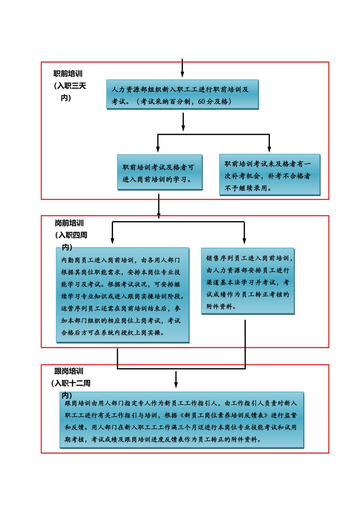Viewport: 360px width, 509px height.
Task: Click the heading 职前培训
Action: [68, 74]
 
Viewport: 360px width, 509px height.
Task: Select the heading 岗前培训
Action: [69, 223]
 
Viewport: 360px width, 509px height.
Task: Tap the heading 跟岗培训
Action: [69, 371]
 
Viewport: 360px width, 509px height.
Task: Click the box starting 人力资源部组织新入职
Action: [182, 95]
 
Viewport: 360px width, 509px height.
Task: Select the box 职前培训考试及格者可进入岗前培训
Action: [160, 172]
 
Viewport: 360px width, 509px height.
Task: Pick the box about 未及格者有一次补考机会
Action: [269, 175]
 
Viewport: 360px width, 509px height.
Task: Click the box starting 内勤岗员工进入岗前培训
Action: [122, 295]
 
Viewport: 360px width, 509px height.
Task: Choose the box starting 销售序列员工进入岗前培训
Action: [247, 281]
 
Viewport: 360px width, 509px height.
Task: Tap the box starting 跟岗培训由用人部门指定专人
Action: [182, 420]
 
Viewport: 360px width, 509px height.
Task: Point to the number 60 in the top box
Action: [201, 101]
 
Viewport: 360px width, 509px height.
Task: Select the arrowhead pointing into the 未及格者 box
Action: [269, 149]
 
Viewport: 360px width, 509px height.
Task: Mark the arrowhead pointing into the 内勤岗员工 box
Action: [112, 240]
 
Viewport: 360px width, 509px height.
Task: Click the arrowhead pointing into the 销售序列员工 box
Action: [244, 240]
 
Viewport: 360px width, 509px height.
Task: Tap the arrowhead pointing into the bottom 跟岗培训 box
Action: [176, 385]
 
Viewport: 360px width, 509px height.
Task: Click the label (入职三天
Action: [70, 86]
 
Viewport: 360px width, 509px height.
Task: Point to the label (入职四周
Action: [71, 235]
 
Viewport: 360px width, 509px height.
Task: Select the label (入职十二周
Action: [71, 383]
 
